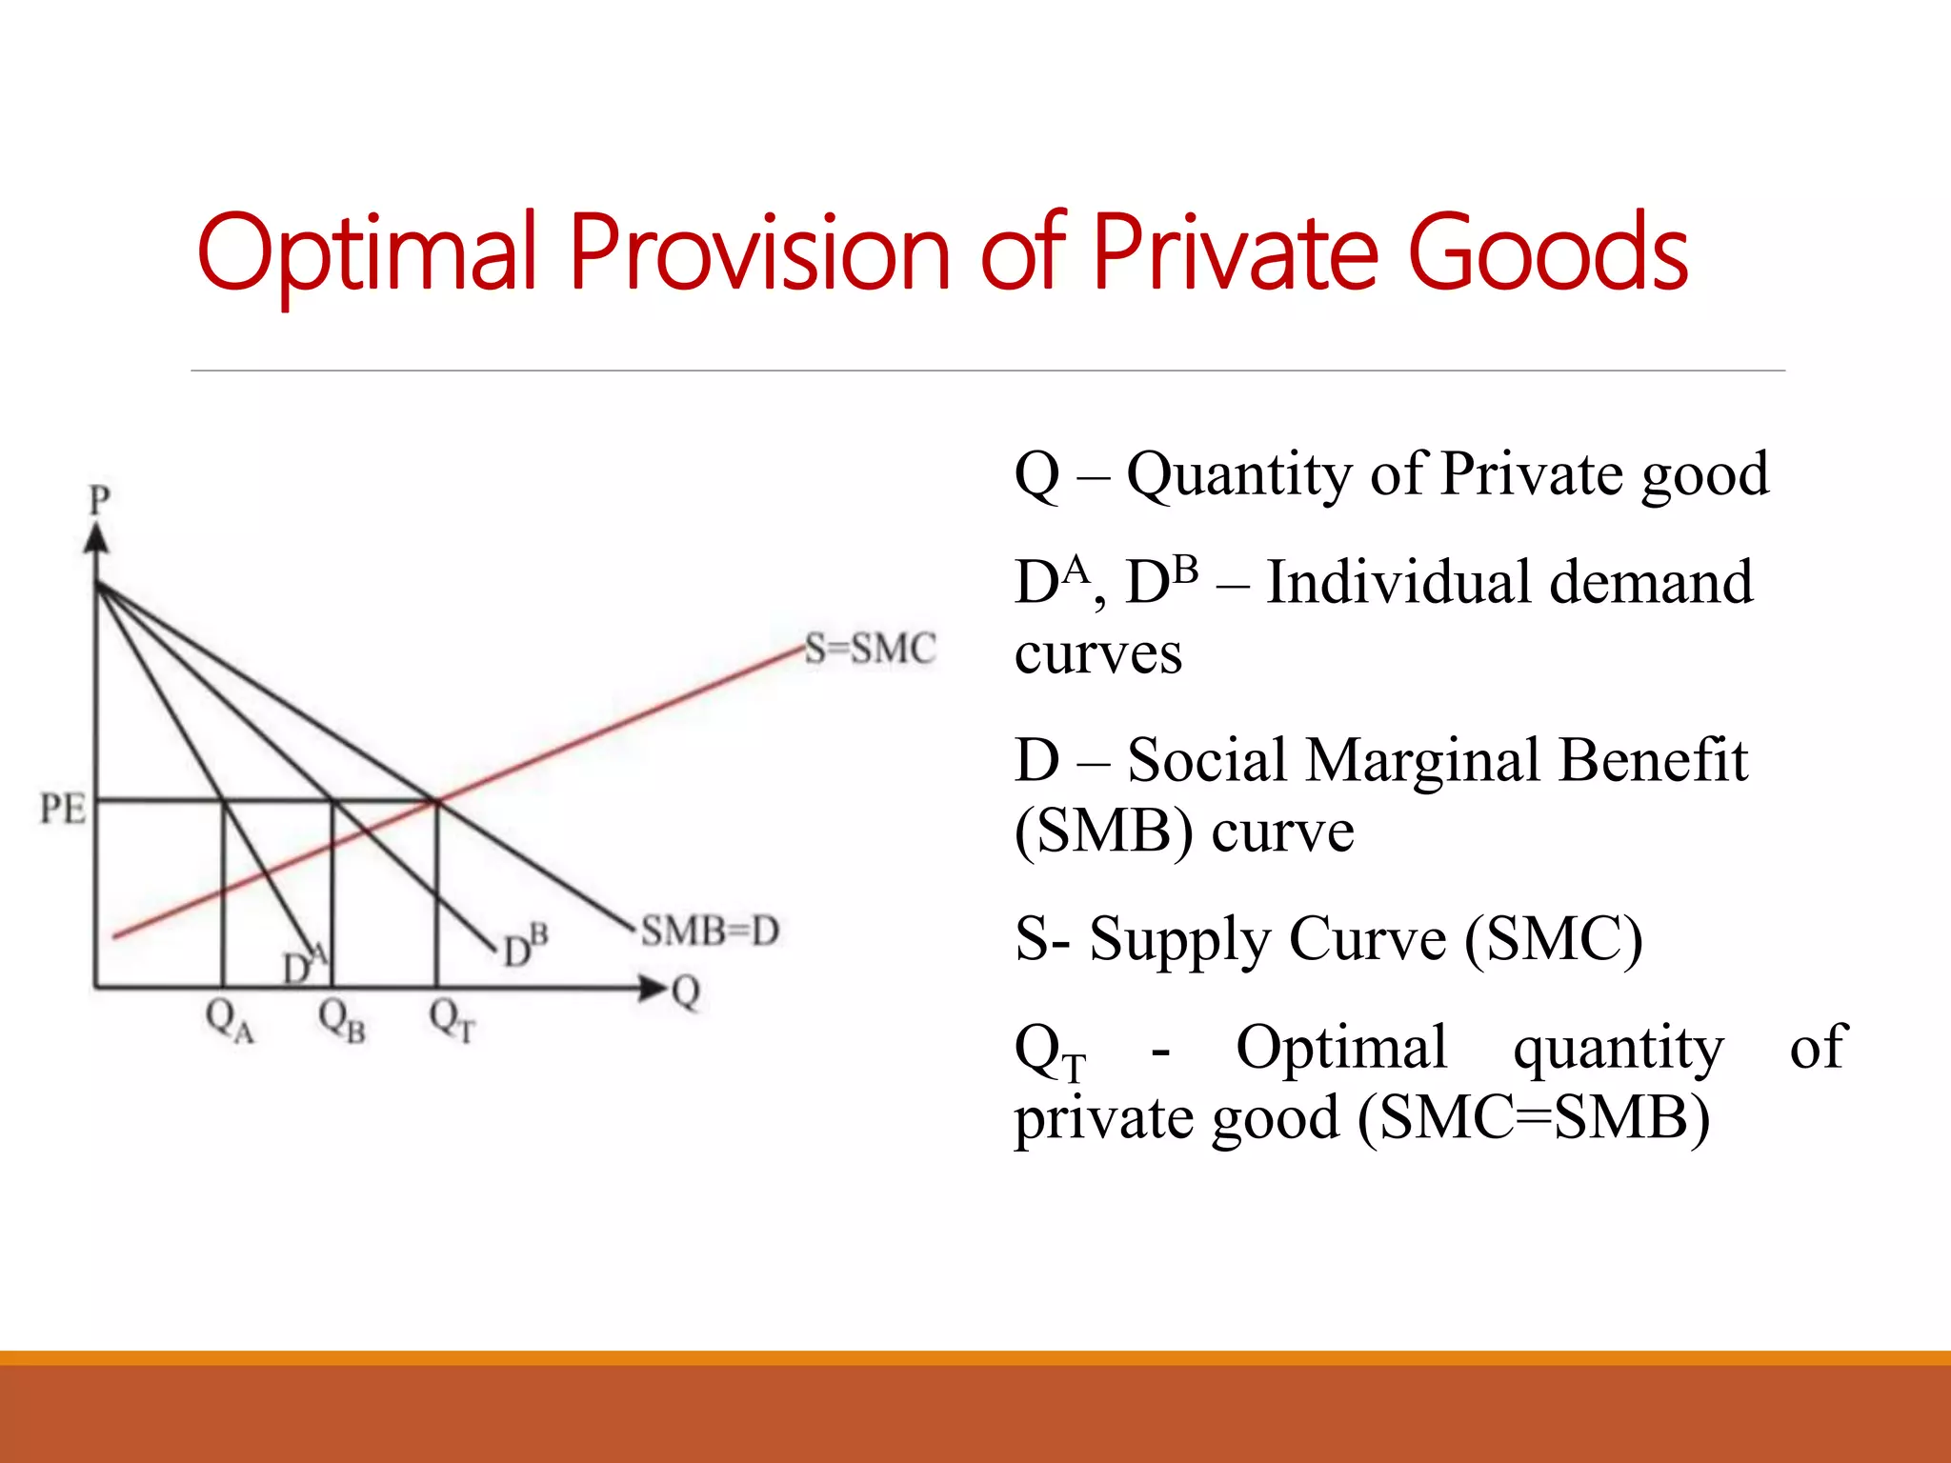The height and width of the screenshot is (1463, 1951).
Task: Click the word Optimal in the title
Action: pos(367,252)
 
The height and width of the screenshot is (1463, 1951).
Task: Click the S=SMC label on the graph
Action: pos(870,649)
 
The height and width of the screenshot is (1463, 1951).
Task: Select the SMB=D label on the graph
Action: pos(710,931)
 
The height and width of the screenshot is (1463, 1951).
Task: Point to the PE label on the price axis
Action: pos(63,809)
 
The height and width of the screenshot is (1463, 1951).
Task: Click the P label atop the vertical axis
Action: pos(99,500)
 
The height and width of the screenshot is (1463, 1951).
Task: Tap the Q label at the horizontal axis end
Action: pos(686,992)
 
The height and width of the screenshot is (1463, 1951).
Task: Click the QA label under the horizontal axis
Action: pos(230,1021)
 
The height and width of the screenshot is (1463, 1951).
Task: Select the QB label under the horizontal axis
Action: pos(341,1021)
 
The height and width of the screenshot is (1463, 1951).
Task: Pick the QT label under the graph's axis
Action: pos(452,1021)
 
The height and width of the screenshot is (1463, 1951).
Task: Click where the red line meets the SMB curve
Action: pos(436,801)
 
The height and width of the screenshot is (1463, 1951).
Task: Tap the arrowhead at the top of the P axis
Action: pos(96,539)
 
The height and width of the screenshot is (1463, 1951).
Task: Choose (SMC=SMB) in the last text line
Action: pos(1534,1117)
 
